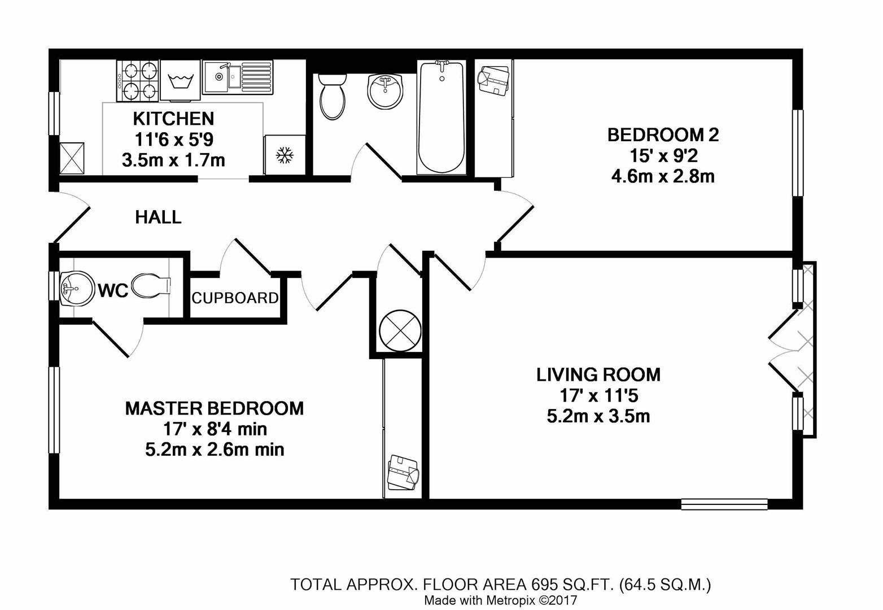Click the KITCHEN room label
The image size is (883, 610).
coord(173,119)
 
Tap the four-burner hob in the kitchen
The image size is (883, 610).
coord(137,81)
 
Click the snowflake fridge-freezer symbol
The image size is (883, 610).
coord(285,155)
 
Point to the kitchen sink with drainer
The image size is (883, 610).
coord(237,77)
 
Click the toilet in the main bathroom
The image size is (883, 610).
coord(333,97)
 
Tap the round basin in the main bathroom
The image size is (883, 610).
coord(384,91)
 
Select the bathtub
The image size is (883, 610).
coord(441,117)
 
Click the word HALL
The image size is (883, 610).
coord(159,217)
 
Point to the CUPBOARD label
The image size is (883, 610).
coord(235,298)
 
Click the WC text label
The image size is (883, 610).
coord(113,291)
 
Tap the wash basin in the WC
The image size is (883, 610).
coord(77,289)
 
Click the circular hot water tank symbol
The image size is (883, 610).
coord(400,330)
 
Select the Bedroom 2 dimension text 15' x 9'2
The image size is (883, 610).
coord(663,156)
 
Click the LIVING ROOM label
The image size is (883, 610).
coord(598,374)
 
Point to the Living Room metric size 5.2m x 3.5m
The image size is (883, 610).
coord(598,416)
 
